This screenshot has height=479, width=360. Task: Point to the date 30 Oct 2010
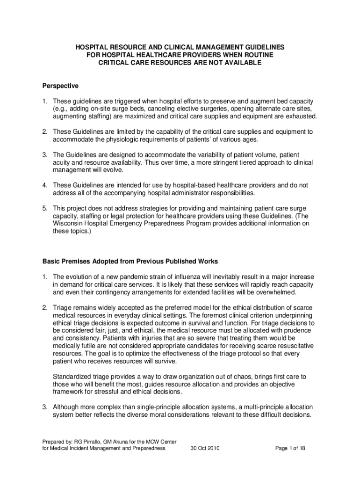coord(206,448)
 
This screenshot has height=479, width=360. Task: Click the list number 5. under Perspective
coord(45,208)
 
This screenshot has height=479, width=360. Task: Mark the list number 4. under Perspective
coord(45,185)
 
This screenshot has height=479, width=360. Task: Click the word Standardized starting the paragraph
coord(72,377)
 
